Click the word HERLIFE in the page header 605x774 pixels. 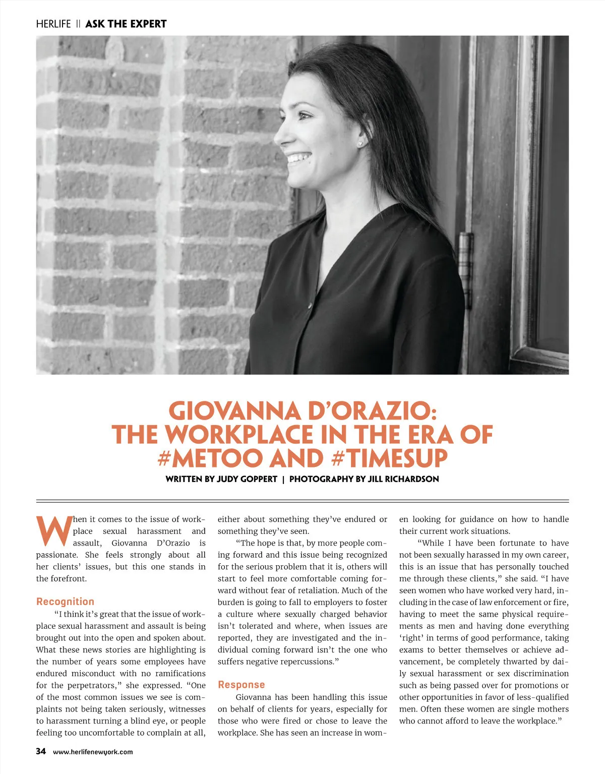pyautogui.click(x=53, y=24)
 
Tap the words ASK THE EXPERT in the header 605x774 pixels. pyautogui.click(x=126, y=24)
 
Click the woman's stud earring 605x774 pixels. pyautogui.click(x=360, y=144)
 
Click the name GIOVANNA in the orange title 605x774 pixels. pyautogui.click(x=234, y=411)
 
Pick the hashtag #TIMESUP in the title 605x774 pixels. pyautogui.click(x=390, y=458)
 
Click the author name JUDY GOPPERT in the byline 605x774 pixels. pyautogui.click(x=247, y=479)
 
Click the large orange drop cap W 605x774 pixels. pyautogui.click(x=53, y=531)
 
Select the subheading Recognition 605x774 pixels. pyautogui.click(x=65, y=602)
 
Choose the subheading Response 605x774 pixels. pyautogui.click(x=241, y=685)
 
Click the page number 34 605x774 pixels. pyautogui.click(x=41, y=751)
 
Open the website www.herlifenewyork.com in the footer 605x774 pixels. pyautogui.click(x=93, y=752)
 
